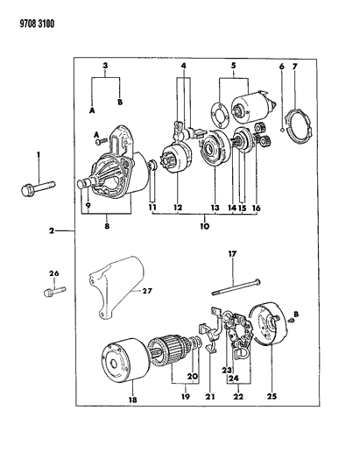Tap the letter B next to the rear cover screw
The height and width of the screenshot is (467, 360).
point(297,314)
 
